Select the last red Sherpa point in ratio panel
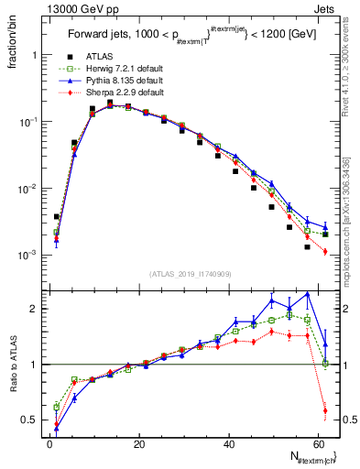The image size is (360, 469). click(x=325, y=409)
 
